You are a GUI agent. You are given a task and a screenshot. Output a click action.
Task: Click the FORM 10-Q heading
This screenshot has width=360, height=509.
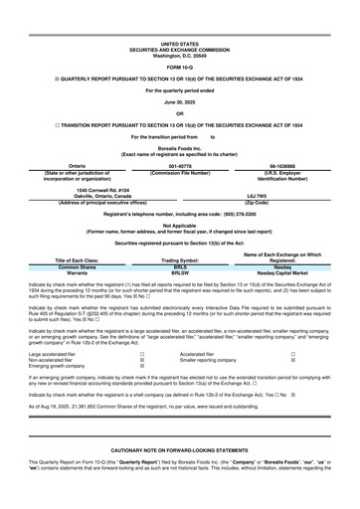click(x=179, y=66)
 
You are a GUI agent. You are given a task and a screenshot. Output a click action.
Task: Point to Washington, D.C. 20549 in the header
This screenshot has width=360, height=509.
click(x=179, y=54)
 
